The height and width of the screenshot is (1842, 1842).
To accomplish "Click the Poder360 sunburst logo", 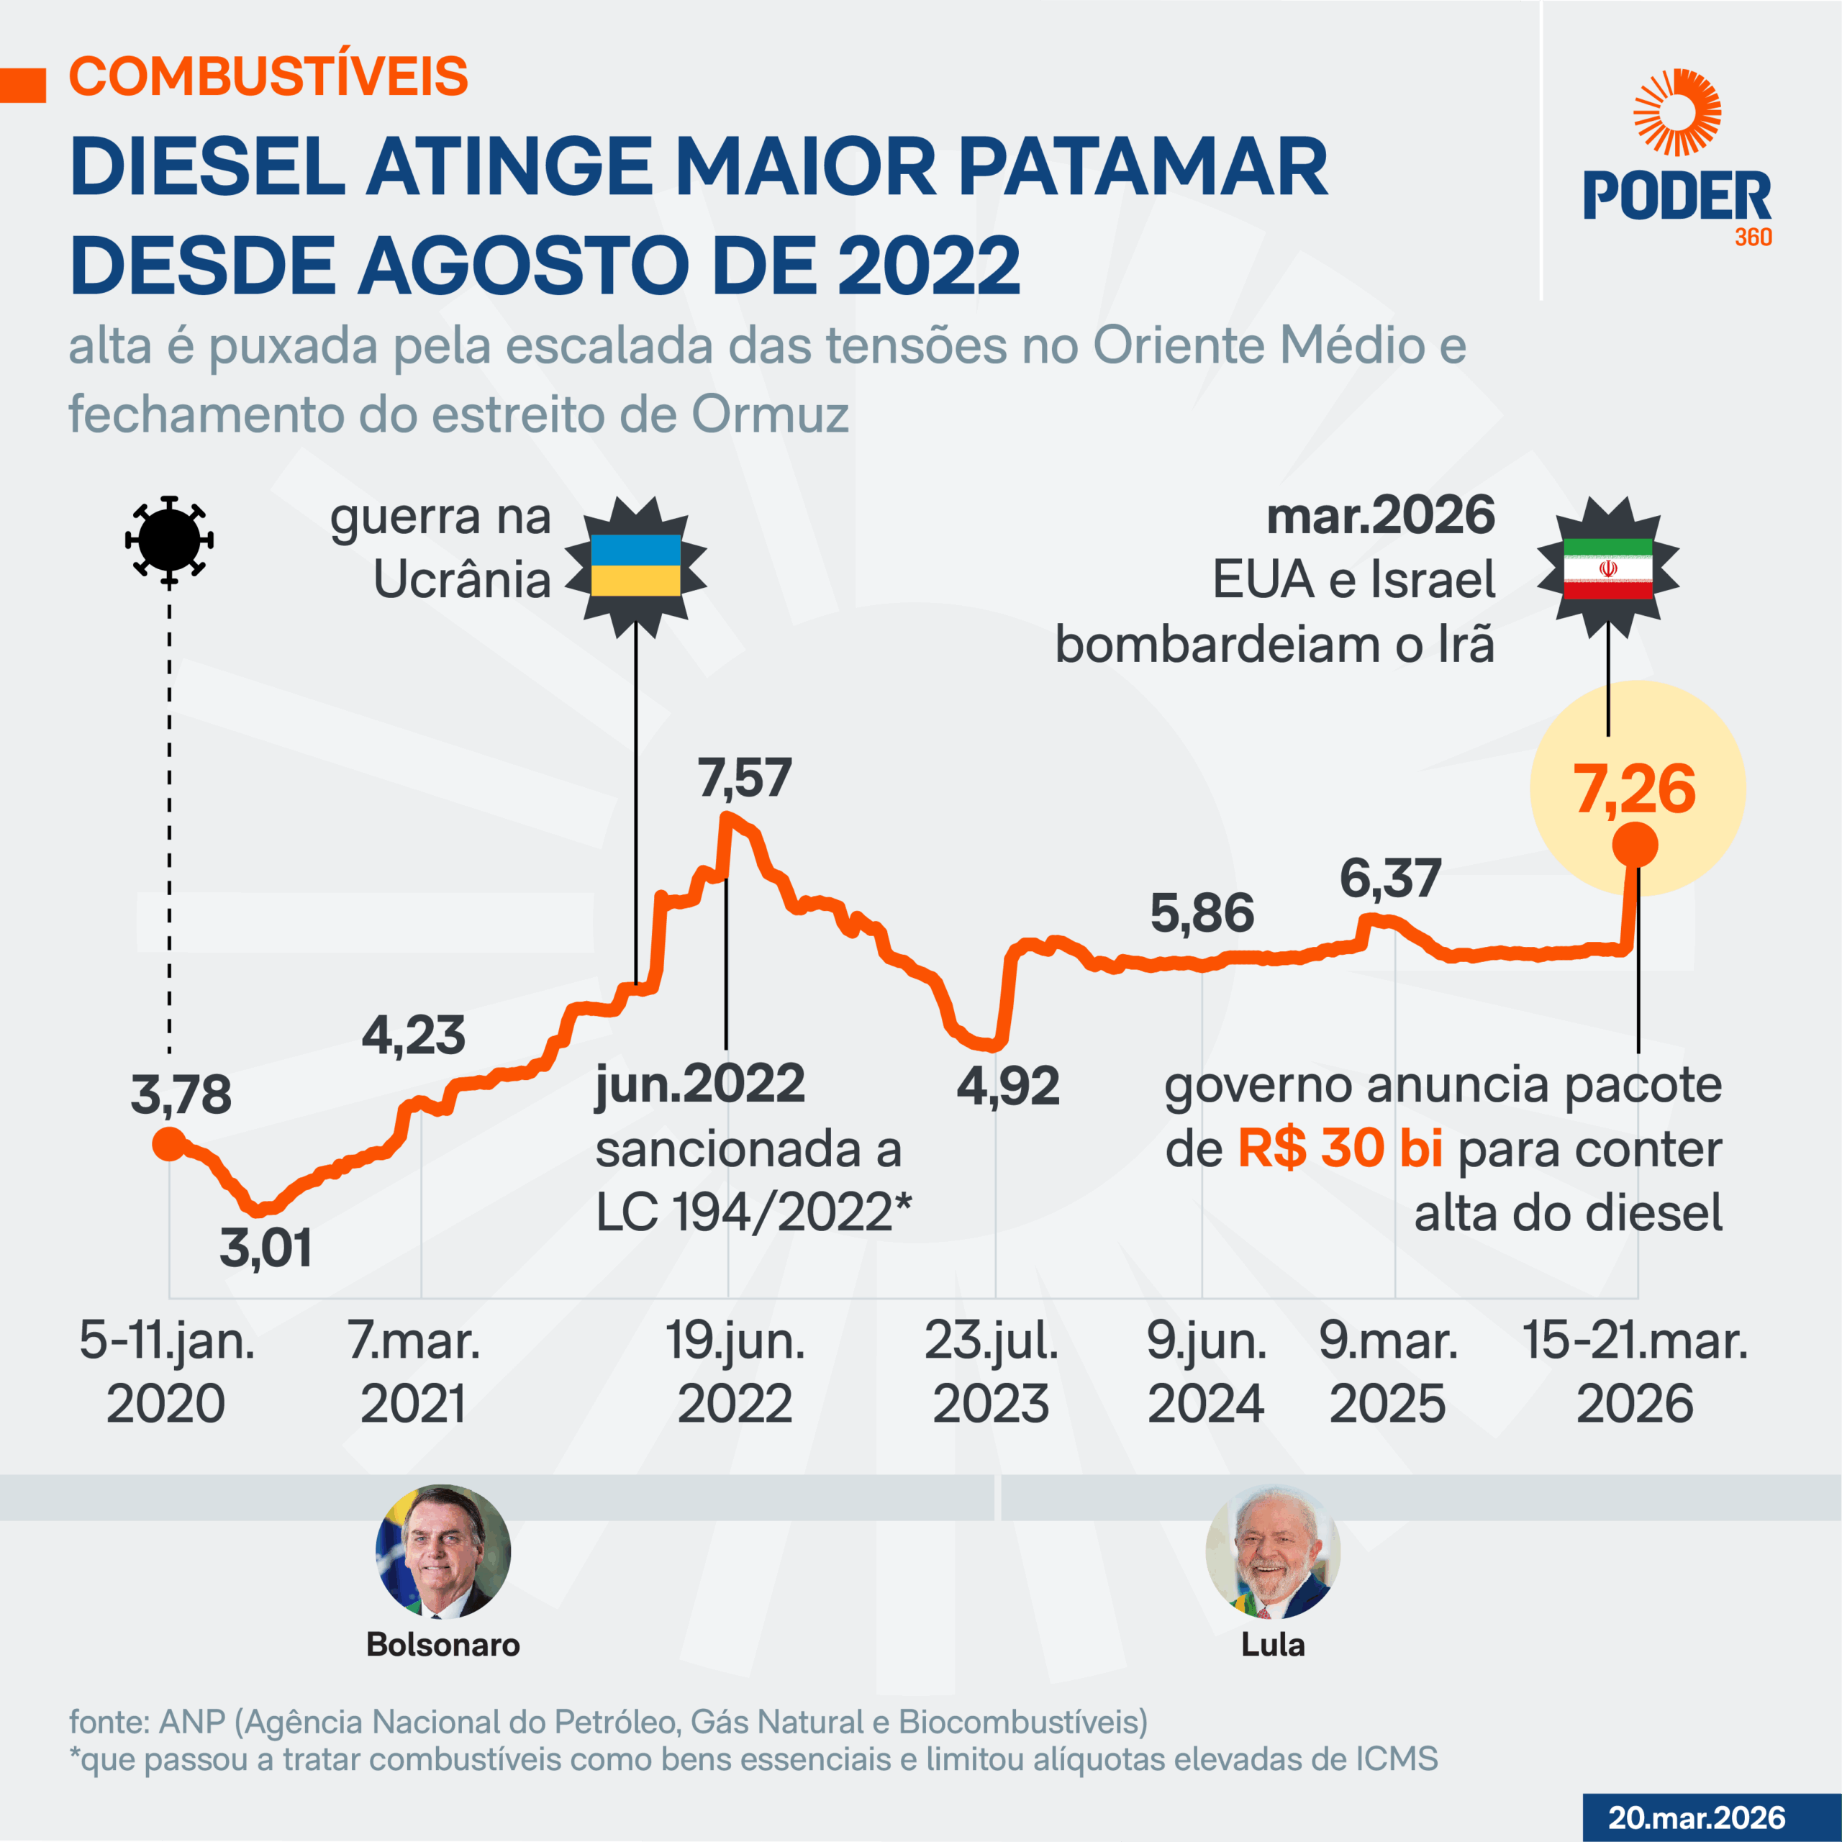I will click(1676, 112).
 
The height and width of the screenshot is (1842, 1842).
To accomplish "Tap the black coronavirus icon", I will click(169, 540).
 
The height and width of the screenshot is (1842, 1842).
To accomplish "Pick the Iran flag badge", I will click(1607, 568).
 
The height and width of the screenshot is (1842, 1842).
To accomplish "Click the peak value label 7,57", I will click(745, 778).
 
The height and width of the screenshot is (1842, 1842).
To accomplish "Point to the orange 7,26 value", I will click(1634, 789).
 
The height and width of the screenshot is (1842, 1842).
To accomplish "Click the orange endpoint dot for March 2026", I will click(1634, 845).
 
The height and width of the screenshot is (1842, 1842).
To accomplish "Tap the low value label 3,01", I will click(266, 1248).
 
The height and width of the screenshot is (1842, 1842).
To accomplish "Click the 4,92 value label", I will click(1008, 1086).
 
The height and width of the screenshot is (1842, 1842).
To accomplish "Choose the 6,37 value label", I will click(1390, 878).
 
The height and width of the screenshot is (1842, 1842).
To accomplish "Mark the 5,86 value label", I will click(1202, 913).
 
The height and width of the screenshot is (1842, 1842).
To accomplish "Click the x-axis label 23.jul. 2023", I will click(992, 1371).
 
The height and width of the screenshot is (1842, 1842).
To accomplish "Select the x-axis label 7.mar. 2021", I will click(414, 1371).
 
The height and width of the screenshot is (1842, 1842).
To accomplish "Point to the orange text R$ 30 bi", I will click(1340, 1149).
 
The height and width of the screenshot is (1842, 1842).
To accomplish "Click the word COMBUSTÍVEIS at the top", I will click(269, 76).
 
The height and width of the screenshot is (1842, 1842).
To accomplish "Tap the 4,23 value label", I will click(414, 1035).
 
